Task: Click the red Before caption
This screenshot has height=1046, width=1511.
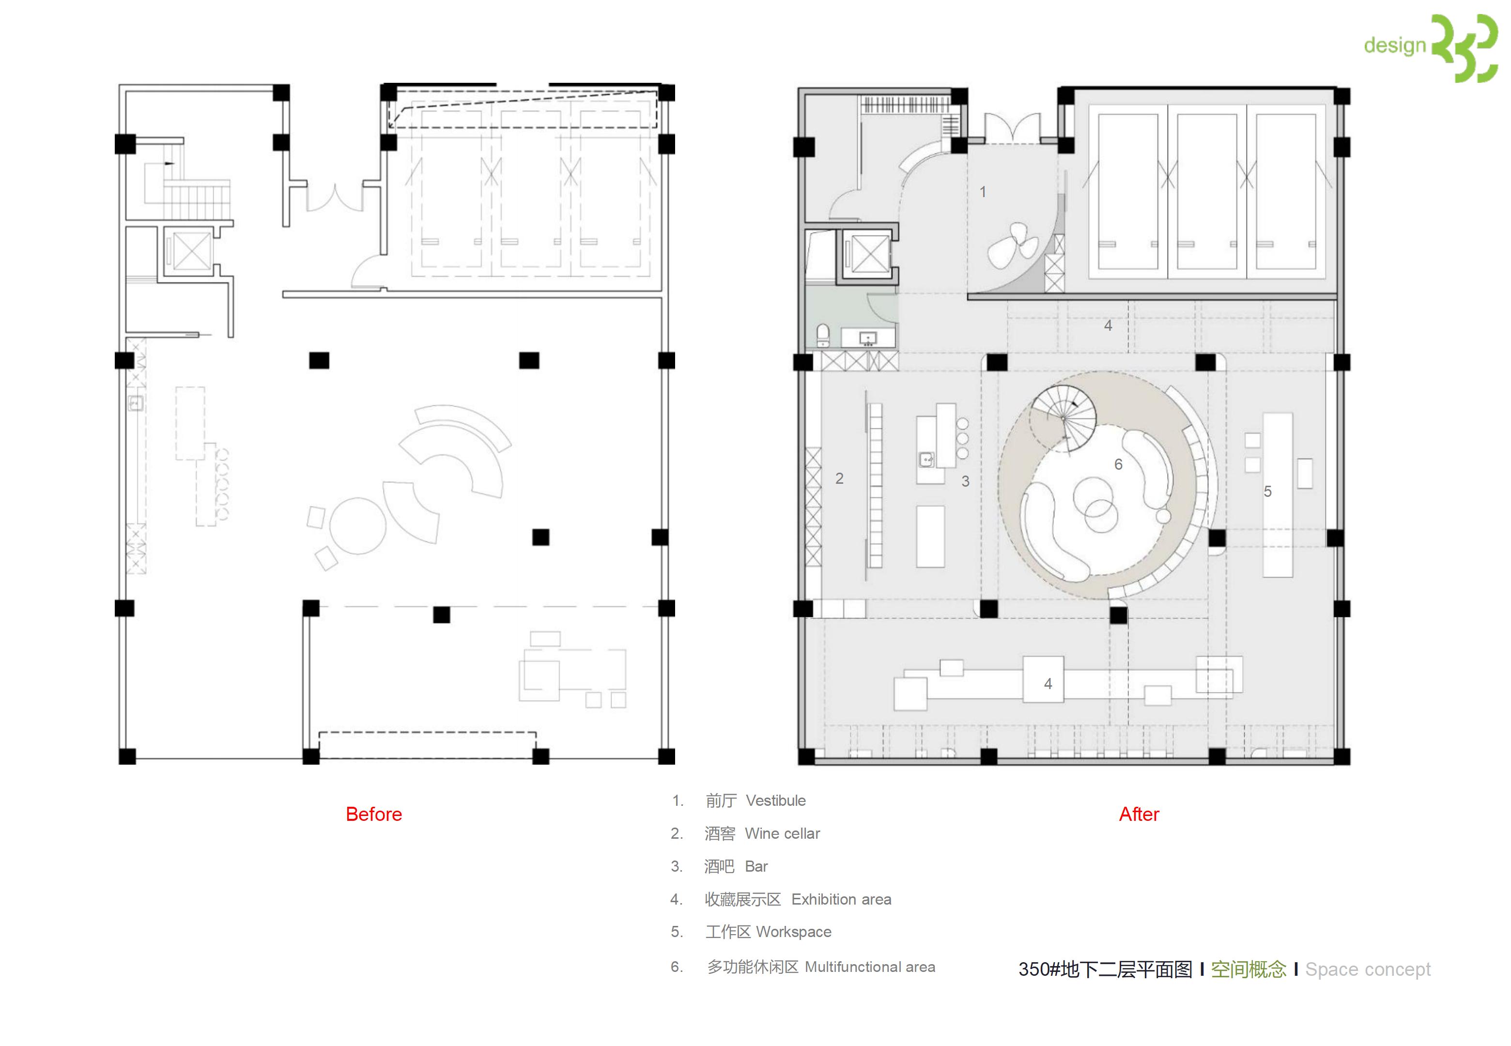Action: (373, 814)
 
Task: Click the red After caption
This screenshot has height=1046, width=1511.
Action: (1139, 814)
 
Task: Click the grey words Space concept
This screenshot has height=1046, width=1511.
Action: (1368, 969)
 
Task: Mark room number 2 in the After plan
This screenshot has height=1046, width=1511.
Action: (839, 478)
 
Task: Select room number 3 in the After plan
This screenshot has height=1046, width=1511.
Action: (965, 481)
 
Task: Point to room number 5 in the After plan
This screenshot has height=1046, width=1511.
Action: (1268, 492)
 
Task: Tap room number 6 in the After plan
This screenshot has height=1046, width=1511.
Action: (1119, 464)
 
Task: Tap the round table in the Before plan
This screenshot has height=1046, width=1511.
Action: (358, 525)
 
